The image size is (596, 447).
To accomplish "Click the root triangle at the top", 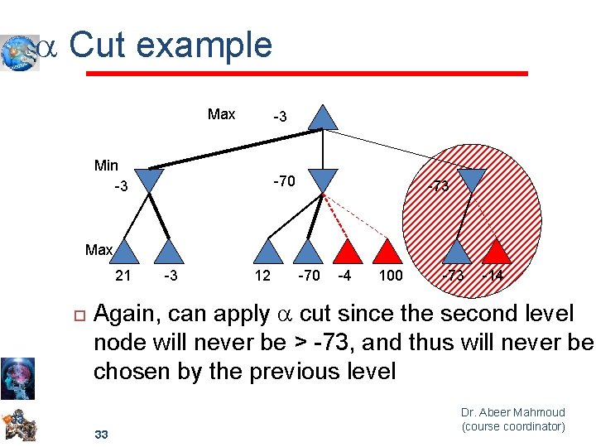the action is (323, 118).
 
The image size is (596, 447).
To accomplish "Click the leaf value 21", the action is (123, 275).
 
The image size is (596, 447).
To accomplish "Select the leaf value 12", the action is (262, 275).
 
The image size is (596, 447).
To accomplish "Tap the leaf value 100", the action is (390, 275).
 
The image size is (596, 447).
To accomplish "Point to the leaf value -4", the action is (343, 275).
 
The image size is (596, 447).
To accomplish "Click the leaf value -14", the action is (492, 275).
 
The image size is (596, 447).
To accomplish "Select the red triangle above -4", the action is (348, 251).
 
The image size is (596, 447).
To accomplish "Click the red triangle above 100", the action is (388, 251).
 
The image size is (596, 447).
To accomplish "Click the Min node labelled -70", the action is (324, 180).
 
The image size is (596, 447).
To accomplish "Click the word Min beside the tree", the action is (106, 166).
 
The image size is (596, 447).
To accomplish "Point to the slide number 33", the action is (102, 434).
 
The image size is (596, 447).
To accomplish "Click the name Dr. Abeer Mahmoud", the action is (512, 412).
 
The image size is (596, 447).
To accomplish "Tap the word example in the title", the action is (205, 45).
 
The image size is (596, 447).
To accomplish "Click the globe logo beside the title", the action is (19, 52).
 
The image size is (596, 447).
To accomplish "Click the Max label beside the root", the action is (221, 114).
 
